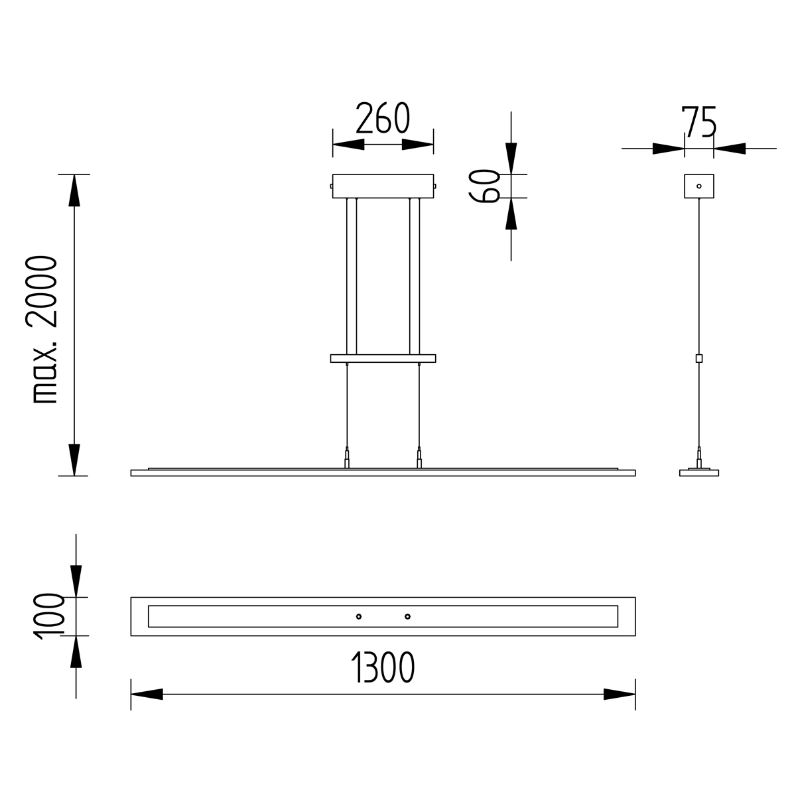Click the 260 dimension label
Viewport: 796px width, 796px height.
click(383, 117)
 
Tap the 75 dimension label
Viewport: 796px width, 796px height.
click(698, 122)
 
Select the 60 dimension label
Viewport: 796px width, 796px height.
click(484, 186)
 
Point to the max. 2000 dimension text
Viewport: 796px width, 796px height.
click(41, 330)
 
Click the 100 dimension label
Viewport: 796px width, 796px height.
click(50, 617)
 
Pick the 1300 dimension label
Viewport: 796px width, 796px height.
click(383, 667)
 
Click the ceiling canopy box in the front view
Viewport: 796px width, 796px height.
click(383, 186)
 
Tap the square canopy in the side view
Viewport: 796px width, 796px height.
click(699, 186)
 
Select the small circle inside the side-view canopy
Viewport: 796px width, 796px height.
click(699, 186)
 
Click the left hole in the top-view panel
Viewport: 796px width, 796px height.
click(359, 617)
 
